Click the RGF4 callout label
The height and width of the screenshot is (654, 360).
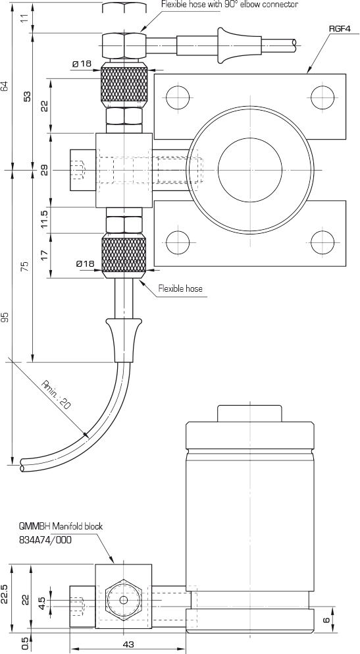pos(340,28)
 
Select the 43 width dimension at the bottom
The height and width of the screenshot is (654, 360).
pos(129,644)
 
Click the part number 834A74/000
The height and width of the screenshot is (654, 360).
pos(45,539)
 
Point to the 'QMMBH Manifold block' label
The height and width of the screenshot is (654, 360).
pos(61,526)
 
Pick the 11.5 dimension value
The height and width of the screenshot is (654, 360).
pos(45,219)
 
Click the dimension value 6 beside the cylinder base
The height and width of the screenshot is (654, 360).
pos(326,619)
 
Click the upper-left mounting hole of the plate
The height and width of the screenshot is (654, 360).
pos(178,97)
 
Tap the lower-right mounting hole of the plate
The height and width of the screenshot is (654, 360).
pos(322,242)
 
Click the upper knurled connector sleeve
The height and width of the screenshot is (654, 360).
pos(124,85)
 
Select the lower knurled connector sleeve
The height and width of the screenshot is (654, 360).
pos(124,256)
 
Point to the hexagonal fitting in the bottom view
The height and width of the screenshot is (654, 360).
pos(123,600)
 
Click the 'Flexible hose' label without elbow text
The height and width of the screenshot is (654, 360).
pos(180,288)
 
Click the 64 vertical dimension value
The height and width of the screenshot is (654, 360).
pos(5,86)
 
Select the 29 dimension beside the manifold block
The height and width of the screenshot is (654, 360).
pos(45,170)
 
